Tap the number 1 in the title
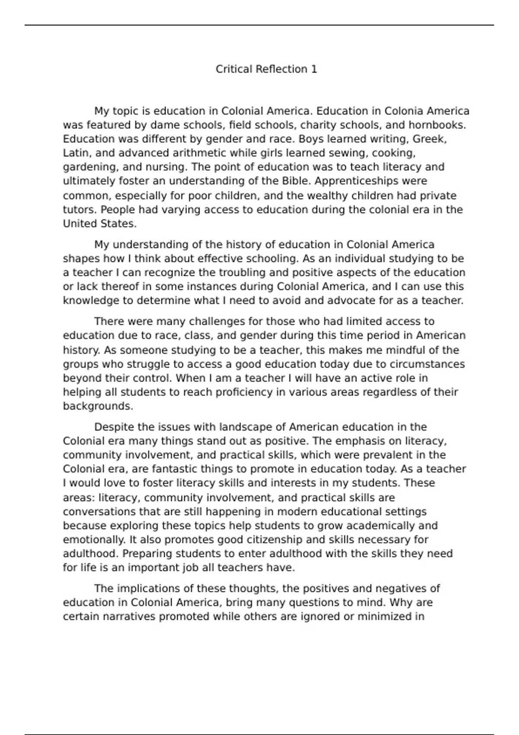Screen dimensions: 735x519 314,69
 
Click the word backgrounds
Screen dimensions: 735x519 97,406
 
